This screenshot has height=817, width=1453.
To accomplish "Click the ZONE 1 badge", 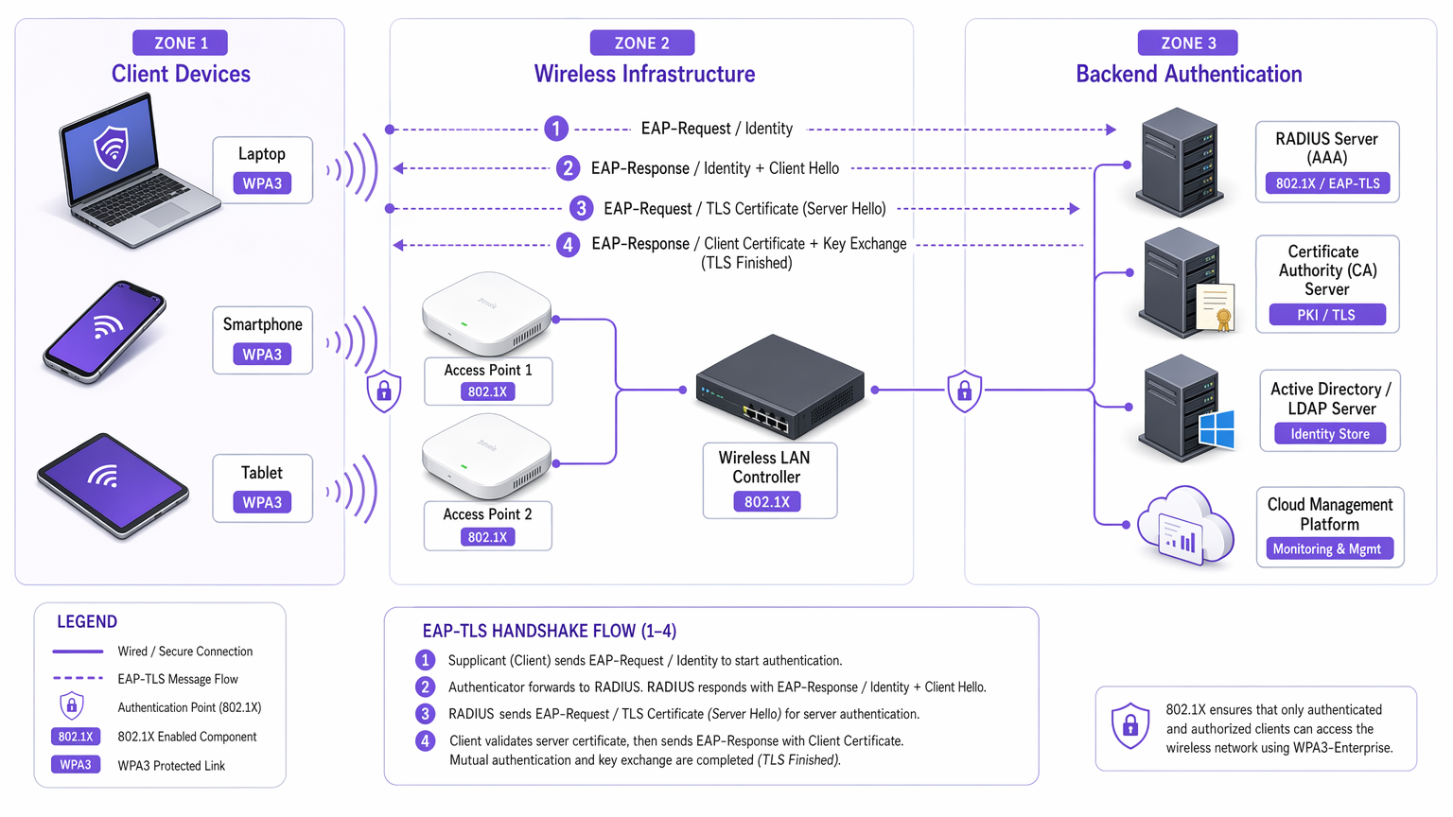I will tap(180, 43).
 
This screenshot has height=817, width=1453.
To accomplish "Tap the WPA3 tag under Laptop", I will tap(262, 183).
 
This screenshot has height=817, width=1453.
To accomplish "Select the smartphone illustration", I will tap(104, 331).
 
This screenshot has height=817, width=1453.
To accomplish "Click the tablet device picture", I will tap(113, 485).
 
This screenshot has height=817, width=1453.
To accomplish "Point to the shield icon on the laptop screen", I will tap(112, 148).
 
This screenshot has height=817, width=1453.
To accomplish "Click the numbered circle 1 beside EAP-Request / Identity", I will tap(556, 129).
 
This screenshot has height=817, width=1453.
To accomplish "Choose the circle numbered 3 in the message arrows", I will tap(581, 208).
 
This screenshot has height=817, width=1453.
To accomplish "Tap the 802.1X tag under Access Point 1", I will tap(487, 391).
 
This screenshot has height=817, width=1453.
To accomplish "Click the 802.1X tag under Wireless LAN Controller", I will tap(766, 502).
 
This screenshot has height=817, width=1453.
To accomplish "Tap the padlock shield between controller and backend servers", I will tap(964, 391).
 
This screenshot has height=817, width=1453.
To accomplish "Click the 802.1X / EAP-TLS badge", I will tap(1326, 183).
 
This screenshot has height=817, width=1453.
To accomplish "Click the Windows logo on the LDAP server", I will tap(1216, 428).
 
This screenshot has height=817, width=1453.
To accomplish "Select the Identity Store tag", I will tap(1329, 434).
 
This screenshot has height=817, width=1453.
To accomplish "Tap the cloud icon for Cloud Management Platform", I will tap(1185, 526).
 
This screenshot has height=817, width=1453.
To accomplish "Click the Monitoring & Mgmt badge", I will tap(1326, 549).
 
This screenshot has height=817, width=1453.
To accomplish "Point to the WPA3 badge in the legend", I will tap(76, 765).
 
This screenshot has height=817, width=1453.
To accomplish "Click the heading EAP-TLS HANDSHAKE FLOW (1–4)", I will tap(549, 631).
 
